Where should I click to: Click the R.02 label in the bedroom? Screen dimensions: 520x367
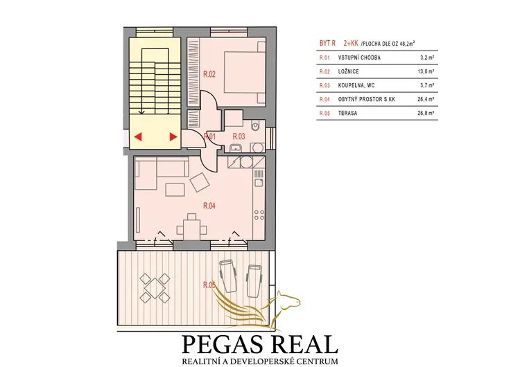209,74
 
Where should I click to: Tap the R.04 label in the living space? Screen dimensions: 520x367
209,206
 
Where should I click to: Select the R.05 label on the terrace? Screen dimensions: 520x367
209,285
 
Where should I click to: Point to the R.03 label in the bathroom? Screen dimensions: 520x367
239,136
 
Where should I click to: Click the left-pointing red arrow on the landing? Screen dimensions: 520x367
138,136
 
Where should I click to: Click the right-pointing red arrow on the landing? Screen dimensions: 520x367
173,136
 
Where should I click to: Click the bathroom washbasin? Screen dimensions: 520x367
236,147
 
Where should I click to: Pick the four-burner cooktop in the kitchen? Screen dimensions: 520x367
259,215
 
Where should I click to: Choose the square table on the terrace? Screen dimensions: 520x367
155,287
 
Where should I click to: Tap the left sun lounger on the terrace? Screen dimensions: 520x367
228,276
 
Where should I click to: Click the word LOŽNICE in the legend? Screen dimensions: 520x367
348,71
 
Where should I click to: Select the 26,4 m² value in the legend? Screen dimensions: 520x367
426,99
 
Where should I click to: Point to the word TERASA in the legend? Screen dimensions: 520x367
347,113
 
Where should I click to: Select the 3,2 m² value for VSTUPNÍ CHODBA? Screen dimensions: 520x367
427,57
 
